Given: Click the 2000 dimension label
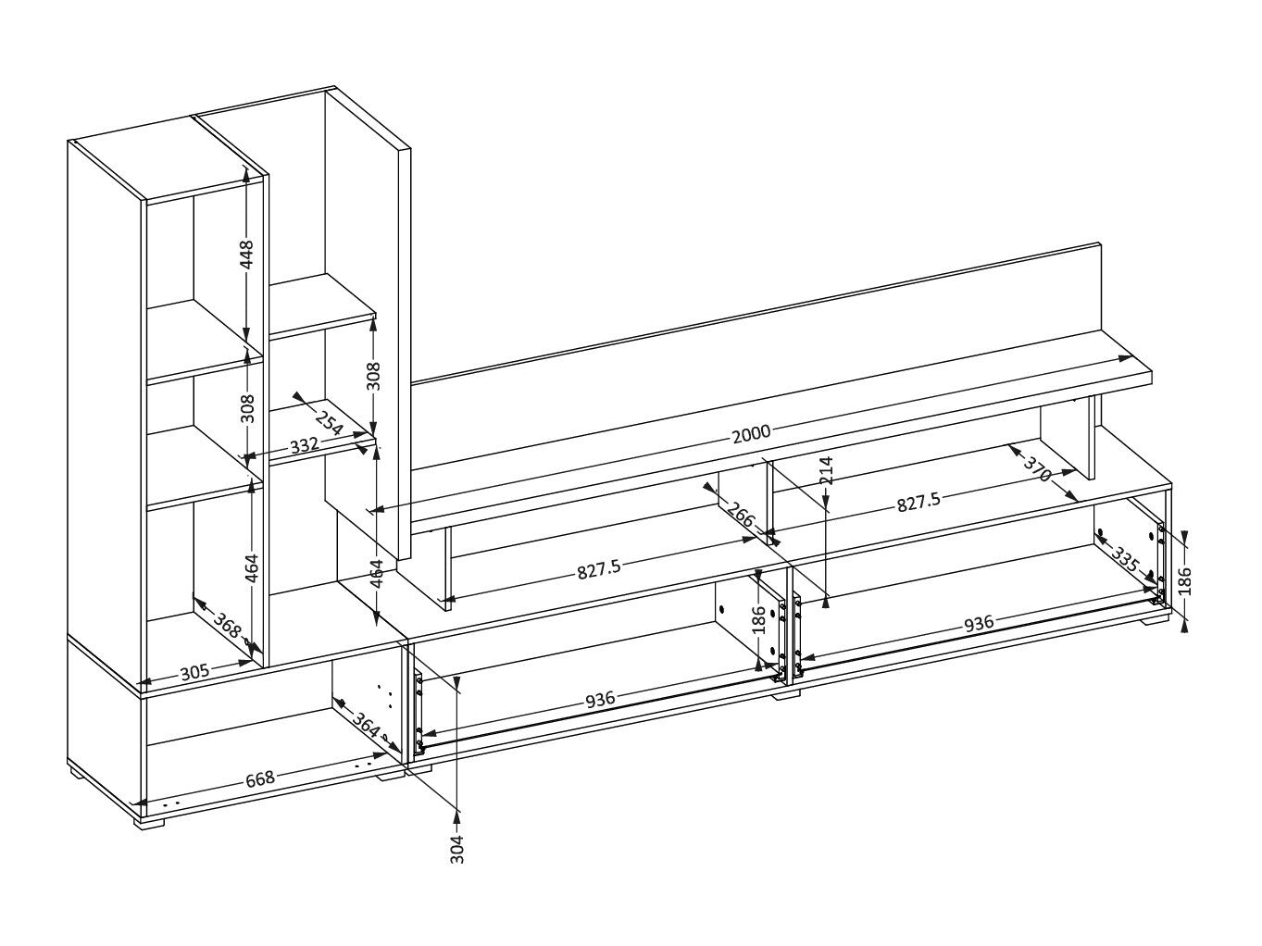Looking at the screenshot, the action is point(751,432).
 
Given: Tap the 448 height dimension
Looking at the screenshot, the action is point(246,254).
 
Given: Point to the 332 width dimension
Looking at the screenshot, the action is point(304,444).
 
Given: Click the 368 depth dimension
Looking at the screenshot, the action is point(227,626).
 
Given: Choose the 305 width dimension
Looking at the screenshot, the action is point(195,672).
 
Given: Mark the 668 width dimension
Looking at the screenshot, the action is point(260,778).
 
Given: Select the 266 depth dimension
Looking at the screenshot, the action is point(740,514).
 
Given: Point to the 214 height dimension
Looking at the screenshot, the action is point(827,470).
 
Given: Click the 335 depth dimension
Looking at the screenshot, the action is point(1125,559).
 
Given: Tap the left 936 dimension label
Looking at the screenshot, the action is point(600,699).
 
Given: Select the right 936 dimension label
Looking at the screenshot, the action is point(978,623).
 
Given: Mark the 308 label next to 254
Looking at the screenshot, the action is point(374,376).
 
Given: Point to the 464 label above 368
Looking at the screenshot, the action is point(252,567).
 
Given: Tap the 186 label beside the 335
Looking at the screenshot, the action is point(1185,581).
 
